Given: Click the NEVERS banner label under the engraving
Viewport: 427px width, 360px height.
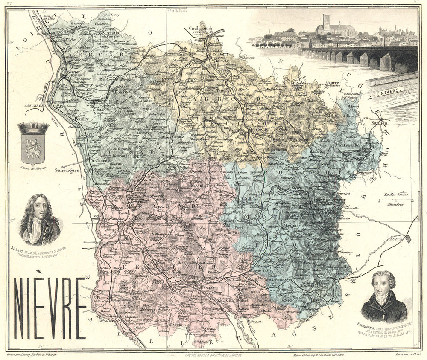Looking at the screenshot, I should click(x=390, y=90).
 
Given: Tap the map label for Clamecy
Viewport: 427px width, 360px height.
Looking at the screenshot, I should click(x=218, y=54).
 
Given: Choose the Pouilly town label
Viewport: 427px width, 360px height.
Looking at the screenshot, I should click(x=81, y=119).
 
